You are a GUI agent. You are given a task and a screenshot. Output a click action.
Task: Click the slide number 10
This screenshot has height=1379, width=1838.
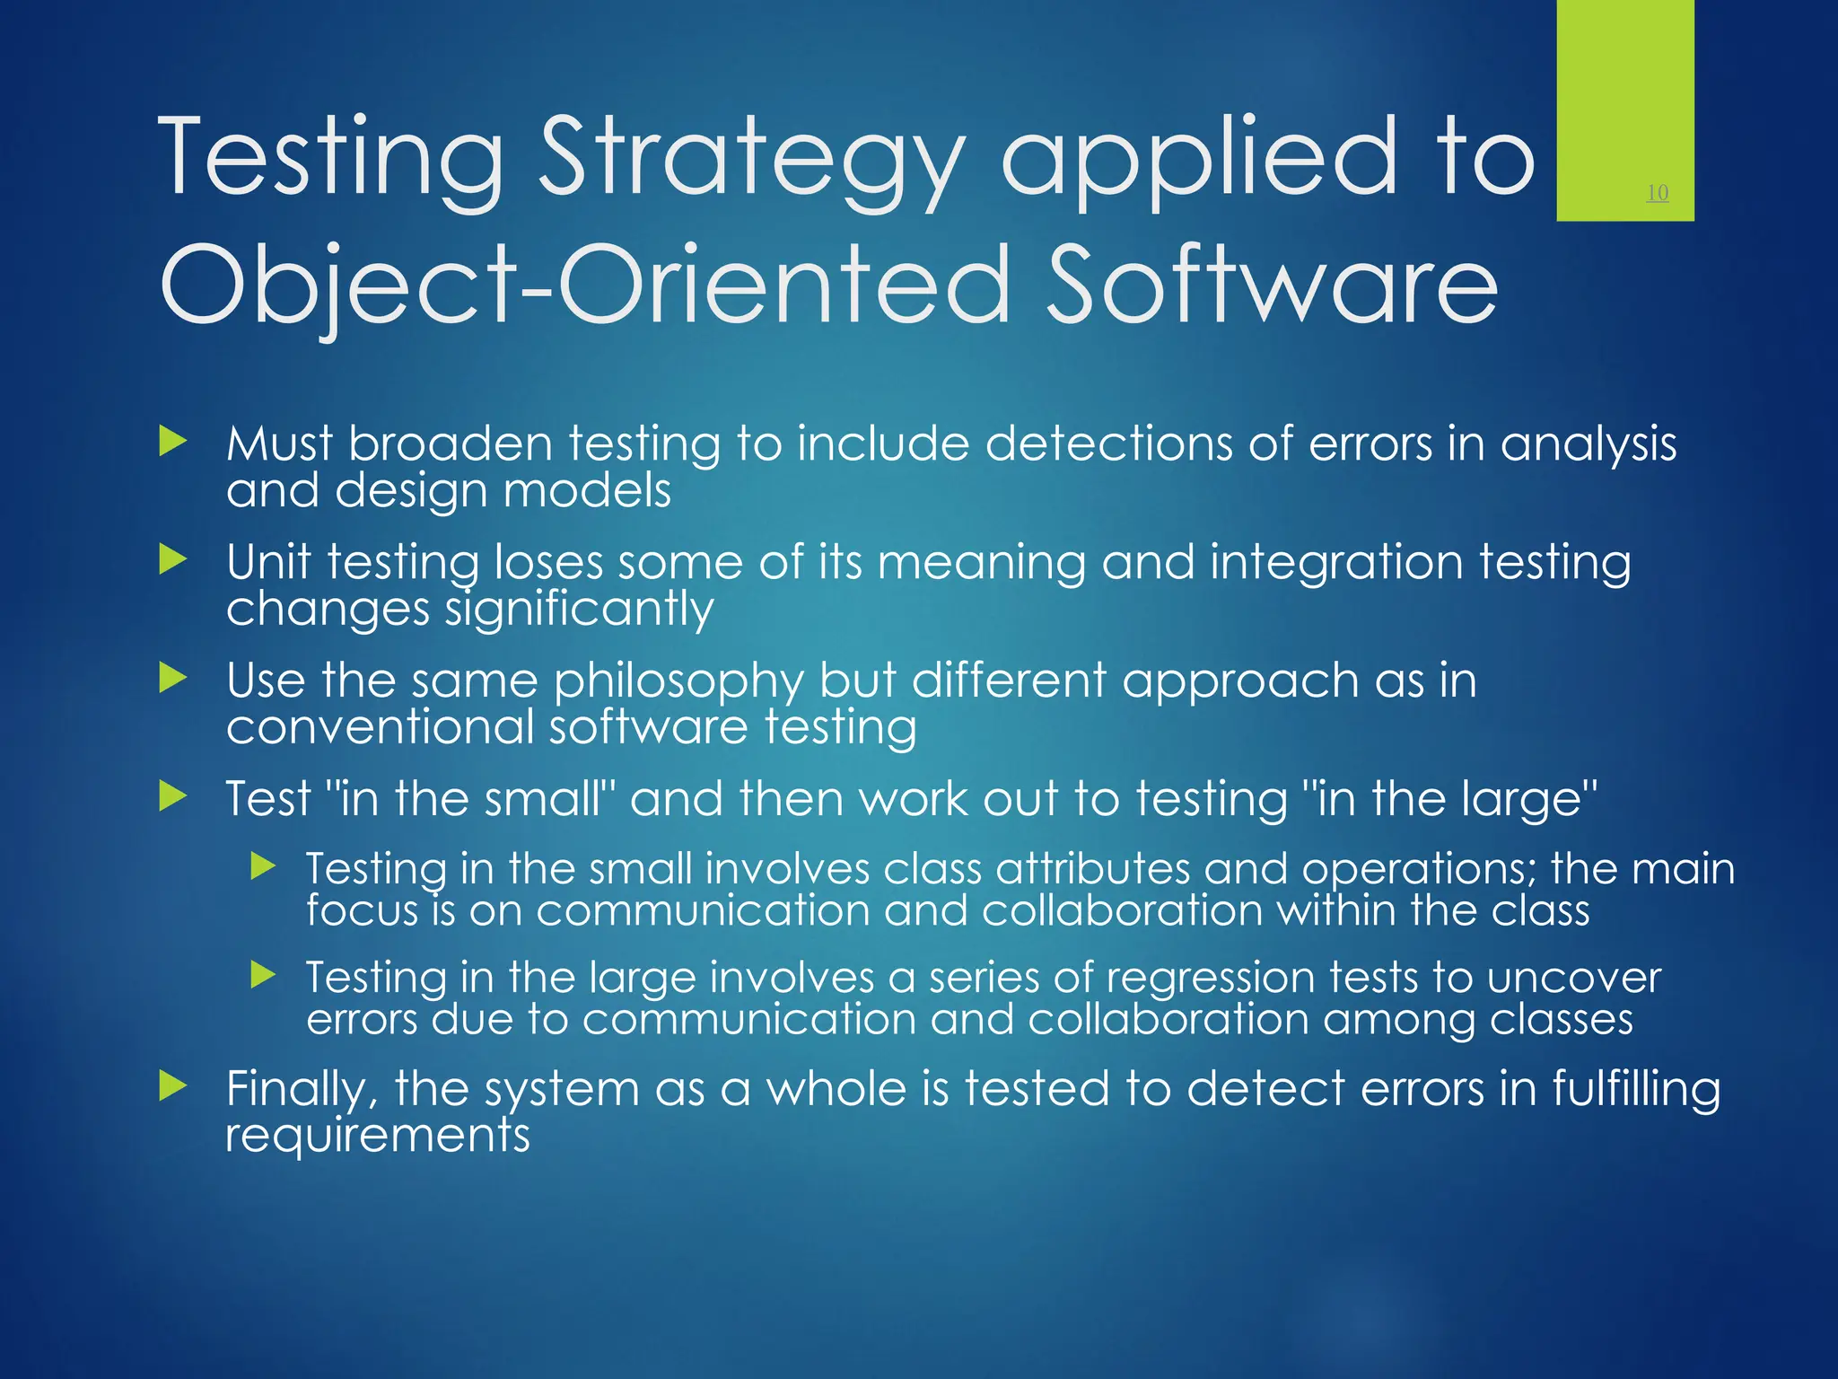(1657, 193)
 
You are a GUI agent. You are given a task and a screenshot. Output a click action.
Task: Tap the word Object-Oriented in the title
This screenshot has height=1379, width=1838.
(583, 285)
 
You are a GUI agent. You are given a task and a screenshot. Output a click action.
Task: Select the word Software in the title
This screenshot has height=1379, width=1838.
(1272, 285)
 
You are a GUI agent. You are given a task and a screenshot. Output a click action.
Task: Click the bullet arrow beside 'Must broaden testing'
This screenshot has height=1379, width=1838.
(172, 442)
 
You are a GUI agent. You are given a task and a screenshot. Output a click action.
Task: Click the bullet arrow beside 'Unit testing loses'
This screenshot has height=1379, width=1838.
(172, 560)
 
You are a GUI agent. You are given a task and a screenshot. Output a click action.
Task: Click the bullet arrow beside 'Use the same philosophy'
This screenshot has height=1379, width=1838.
(172, 679)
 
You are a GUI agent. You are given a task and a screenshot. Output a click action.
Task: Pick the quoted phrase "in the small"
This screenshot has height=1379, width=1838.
(467, 798)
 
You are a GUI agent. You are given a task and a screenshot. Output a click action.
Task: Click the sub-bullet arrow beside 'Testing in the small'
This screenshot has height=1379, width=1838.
(263, 866)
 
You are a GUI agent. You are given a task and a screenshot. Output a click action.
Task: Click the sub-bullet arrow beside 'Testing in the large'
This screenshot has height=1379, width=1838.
(263, 975)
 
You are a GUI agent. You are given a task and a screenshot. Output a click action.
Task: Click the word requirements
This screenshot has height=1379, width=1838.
(378, 1136)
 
